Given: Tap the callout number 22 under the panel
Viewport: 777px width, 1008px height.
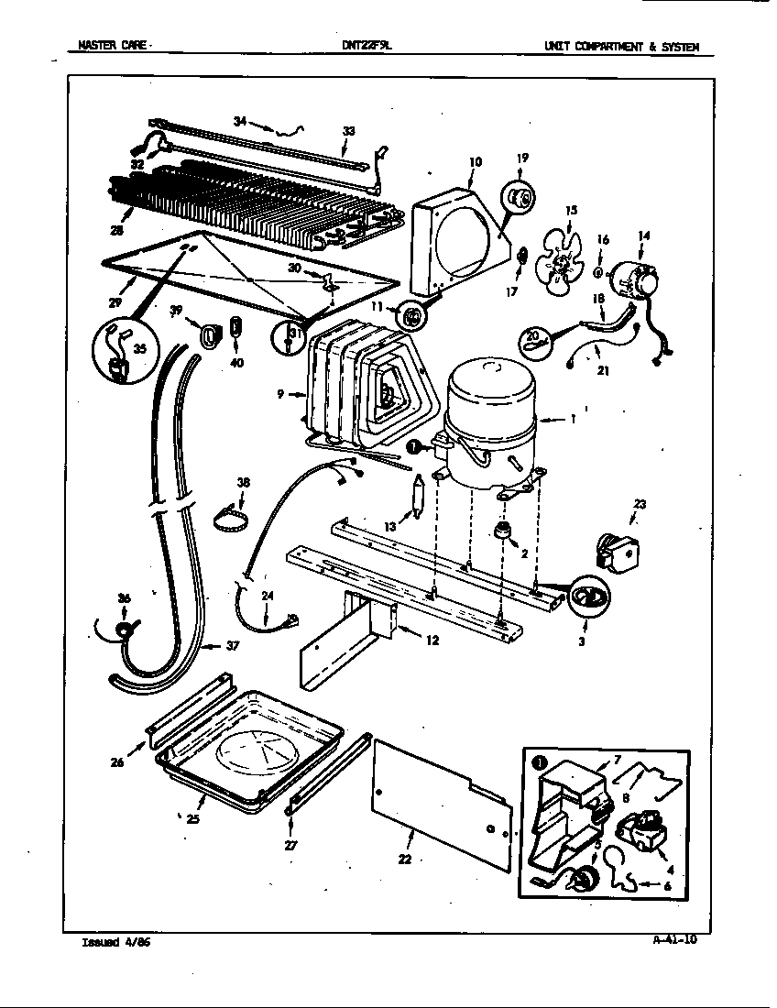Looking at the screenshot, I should click(x=405, y=859).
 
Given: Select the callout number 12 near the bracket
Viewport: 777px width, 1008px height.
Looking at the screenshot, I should click(x=431, y=641).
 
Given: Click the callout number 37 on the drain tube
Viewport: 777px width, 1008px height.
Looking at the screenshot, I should click(x=233, y=646).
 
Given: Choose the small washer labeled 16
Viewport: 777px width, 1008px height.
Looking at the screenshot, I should click(x=598, y=272).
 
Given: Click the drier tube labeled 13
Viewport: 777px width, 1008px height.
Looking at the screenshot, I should click(x=420, y=499).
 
